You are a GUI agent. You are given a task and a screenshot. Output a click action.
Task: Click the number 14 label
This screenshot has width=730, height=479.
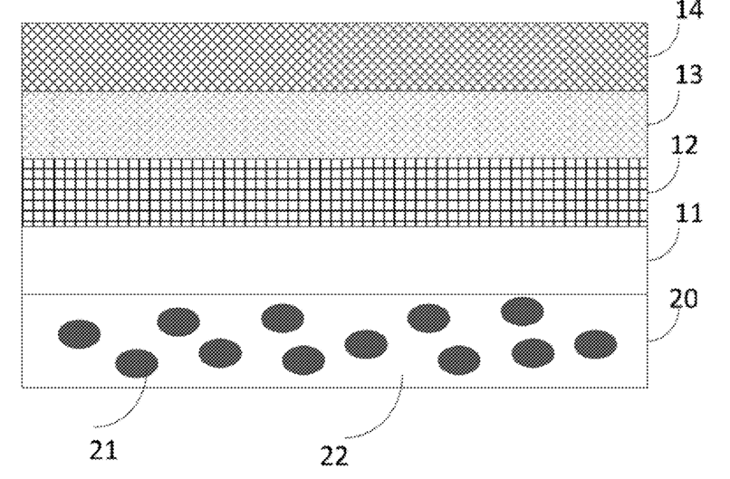[x=689, y=9]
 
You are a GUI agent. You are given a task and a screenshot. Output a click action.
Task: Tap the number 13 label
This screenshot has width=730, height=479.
[x=688, y=75]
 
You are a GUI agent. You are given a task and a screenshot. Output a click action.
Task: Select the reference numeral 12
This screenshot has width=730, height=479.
[x=685, y=145]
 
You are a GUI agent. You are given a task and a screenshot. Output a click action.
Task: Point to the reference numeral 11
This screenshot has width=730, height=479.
[x=688, y=213]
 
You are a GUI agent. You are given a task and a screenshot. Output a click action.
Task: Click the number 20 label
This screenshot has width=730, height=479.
[x=684, y=299]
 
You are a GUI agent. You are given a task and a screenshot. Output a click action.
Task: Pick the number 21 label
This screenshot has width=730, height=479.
[x=103, y=450]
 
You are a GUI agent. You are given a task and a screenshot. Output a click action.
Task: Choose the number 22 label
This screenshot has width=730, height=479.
[x=334, y=456]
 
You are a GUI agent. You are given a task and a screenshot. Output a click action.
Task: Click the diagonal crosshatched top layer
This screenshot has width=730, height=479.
[x=334, y=57]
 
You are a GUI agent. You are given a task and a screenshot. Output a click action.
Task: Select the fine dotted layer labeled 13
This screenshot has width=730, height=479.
[x=334, y=125]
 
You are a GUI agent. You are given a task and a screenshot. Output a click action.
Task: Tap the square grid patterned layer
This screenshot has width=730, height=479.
[x=334, y=192]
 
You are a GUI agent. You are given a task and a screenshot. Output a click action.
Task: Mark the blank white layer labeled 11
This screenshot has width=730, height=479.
[x=334, y=260]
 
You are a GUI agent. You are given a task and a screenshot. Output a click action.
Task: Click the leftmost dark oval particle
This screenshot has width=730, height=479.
[x=79, y=334]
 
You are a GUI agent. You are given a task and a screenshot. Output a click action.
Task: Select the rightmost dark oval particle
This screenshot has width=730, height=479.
[x=595, y=344]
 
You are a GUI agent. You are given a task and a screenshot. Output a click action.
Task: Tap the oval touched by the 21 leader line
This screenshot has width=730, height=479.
[x=137, y=363]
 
